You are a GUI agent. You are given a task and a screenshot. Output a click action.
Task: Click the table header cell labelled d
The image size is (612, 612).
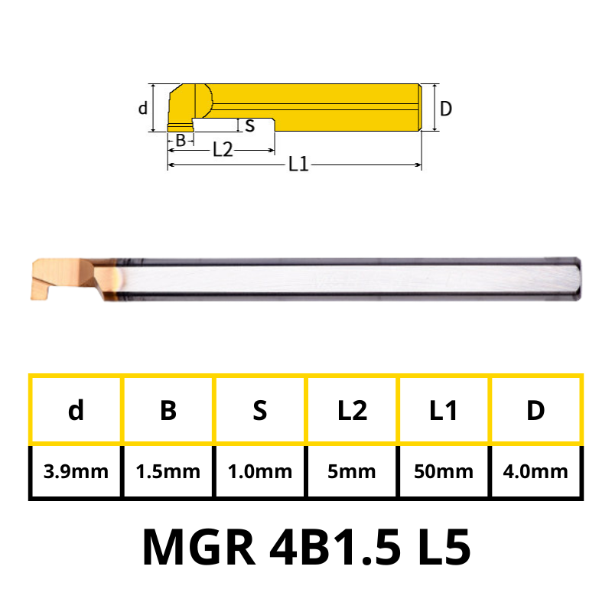(76, 410)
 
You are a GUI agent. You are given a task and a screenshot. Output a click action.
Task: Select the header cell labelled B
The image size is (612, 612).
(168, 410)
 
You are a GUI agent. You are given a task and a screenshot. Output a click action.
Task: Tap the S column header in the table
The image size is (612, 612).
(260, 410)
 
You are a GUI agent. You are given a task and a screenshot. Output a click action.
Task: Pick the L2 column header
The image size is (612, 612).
(352, 410)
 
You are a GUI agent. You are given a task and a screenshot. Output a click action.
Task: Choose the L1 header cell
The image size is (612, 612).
(444, 410)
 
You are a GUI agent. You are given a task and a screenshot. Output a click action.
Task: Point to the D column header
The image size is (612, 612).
(535, 410)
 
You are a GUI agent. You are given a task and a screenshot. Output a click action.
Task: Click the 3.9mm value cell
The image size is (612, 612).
(76, 471)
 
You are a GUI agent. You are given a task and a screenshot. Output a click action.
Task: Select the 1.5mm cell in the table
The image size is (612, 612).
(168, 471)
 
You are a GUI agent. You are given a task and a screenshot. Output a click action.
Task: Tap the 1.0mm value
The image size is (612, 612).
(260, 471)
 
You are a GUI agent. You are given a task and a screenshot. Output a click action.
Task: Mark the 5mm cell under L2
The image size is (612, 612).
(352, 471)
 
